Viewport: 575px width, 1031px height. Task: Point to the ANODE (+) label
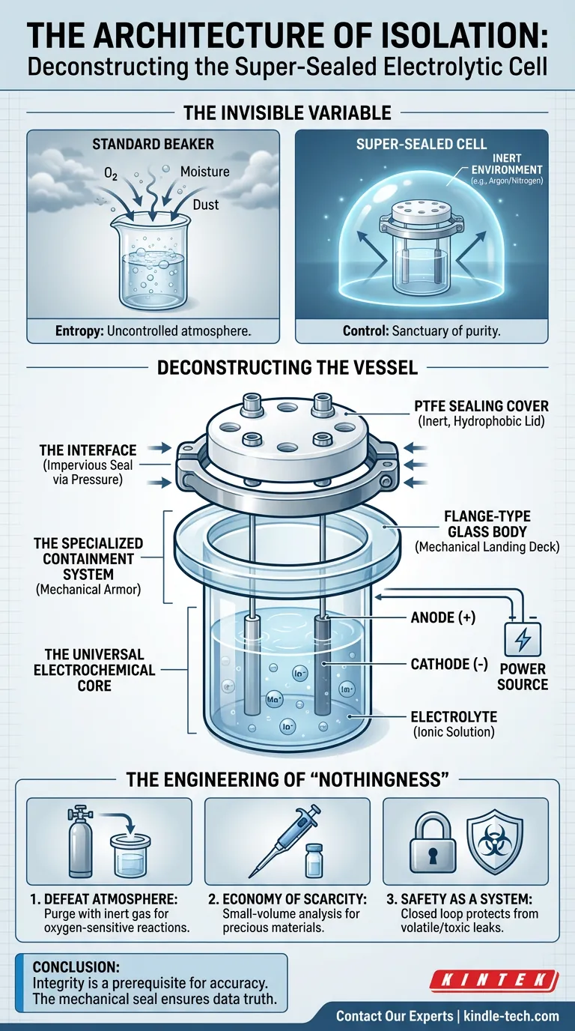(443, 617)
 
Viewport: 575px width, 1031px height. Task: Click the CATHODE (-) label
(450, 664)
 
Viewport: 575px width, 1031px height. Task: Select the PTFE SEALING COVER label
(481, 406)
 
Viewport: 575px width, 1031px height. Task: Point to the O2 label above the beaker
(111, 173)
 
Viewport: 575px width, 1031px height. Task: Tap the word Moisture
(204, 172)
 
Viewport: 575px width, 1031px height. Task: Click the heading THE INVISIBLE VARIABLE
(287, 112)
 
